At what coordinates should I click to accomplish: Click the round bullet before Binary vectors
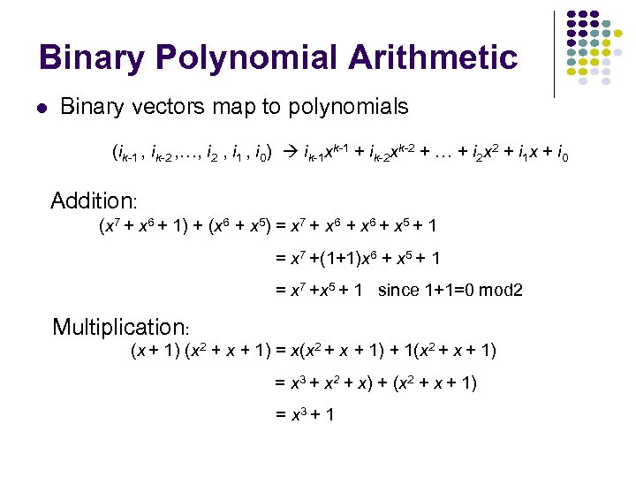(x=41, y=110)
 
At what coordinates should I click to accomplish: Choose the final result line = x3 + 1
(x=304, y=413)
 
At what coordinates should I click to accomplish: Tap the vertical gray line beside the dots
(x=554, y=53)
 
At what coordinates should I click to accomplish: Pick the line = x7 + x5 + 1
(x=319, y=290)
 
